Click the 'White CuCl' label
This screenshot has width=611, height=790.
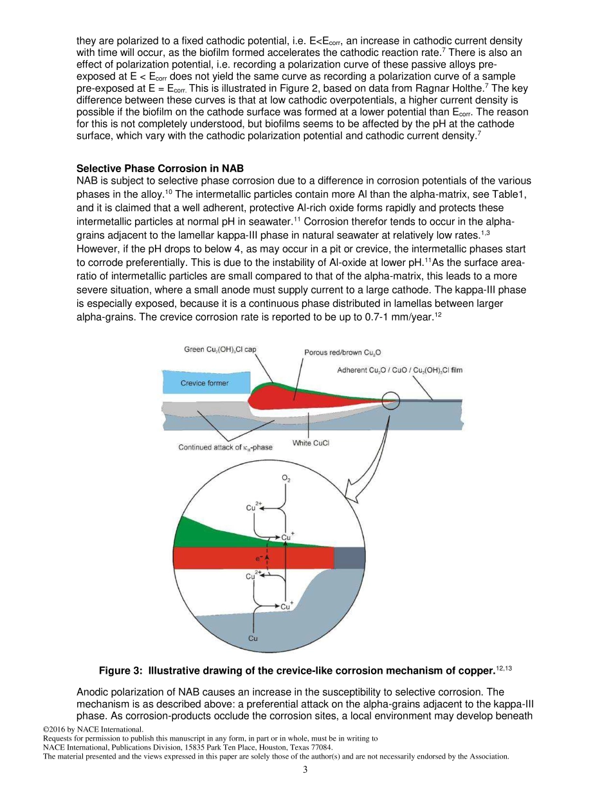pos(311,443)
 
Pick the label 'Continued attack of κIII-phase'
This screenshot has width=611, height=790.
pos(225,448)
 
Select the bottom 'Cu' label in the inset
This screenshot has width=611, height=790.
pos(253,638)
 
